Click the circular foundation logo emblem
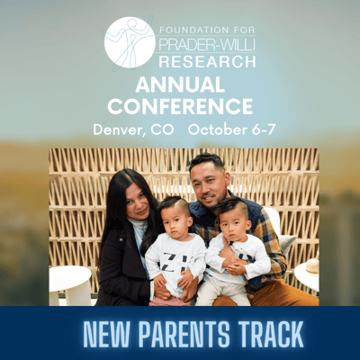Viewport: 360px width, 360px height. [x=130, y=42]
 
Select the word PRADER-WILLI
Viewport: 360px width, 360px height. [x=207, y=44]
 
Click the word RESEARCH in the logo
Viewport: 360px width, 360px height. [x=207, y=61]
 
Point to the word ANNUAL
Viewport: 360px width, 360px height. [x=180, y=85]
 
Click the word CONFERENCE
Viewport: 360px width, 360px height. [x=180, y=106]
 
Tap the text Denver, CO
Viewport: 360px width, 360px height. [x=133, y=130]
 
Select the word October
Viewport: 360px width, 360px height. [x=217, y=130]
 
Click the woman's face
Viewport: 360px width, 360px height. [x=138, y=201]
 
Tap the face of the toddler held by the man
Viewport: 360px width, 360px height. [x=232, y=222]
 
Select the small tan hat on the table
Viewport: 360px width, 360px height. [x=312, y=265]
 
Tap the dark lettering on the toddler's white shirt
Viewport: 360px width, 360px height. [x=175, y=261]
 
